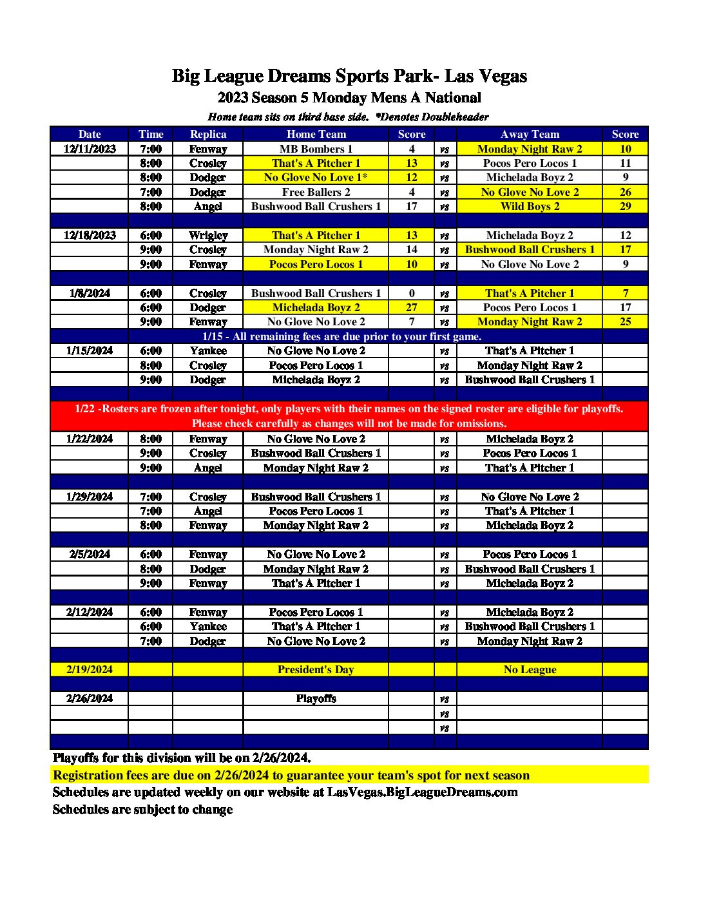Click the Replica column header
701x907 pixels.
click(208, 134)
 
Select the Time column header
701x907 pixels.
click(151, 134)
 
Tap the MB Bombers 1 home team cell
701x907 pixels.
click(316, 149)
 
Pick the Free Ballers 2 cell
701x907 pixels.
click(316, 192)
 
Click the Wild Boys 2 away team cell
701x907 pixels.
click(530, 206)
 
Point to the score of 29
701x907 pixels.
click(625, 206)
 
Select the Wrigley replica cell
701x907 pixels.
click(208, 235)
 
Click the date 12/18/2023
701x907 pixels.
click(90, 235)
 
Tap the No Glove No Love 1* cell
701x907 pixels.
click(316, 177)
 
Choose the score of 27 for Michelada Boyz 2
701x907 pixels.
click(412, 307)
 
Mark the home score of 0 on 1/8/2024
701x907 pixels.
click(412, 293)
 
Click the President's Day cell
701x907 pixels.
click(316, 669)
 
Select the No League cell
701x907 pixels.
click(530, 669)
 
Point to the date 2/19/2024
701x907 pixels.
click(90, 669)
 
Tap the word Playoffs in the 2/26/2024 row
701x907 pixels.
click(316, 698)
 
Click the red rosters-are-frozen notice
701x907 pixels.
click(349, 415)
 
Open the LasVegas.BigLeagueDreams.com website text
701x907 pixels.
click(422, 792)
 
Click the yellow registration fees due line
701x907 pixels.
click(291, 775)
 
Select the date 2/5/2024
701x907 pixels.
click(90, 554)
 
